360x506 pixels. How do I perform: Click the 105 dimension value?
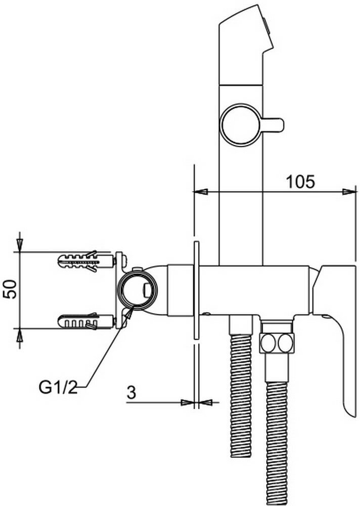click(300, 182)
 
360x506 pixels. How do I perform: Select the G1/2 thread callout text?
click(58, 387)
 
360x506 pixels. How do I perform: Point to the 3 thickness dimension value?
click(131, 393)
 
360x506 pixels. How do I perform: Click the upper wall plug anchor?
click(86, 261)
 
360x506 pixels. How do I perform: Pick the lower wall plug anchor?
click(86, 322)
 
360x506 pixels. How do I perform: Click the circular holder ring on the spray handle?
click(241, 125)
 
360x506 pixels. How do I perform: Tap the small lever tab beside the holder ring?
click(274, 125)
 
